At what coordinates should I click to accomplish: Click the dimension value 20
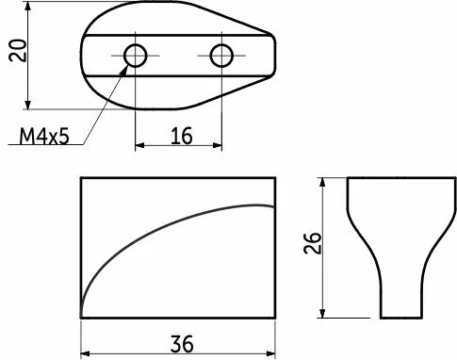click(17, 50)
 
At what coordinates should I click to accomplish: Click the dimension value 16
click(182, 136)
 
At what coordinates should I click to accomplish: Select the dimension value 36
click(182, 344)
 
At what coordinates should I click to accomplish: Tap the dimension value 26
click(313, 243)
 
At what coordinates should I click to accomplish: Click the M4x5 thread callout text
click(44, 137)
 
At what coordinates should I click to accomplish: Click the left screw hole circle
click(136, 56)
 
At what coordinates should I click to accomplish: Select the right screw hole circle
click(221, 56)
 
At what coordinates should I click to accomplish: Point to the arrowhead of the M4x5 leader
click(124, 70)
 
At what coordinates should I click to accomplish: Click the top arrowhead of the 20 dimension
click(28, 7)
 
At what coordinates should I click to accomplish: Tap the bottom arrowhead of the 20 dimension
click(28, 105)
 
